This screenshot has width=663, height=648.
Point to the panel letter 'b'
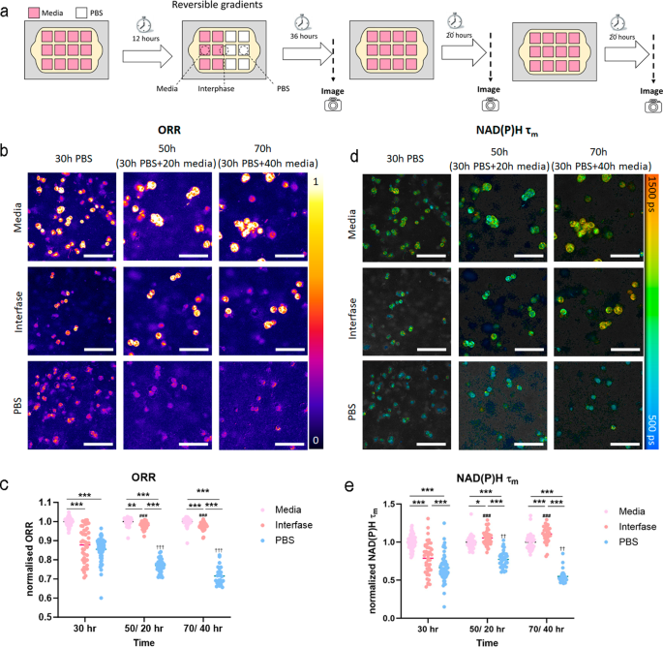coord(6,152)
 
